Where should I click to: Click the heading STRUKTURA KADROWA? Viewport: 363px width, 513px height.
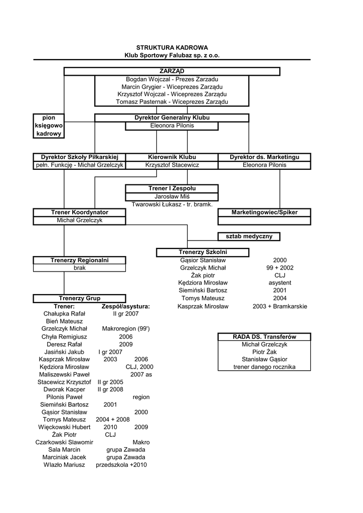(x=171, y=47)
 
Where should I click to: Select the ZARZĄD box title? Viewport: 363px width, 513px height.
(x=171, y=72)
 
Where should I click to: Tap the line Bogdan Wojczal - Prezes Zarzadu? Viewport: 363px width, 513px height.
(x=171, y=79)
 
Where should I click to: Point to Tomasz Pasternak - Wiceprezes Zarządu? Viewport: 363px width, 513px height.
(x=171, y=102)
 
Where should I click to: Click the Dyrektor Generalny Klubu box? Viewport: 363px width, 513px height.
(x=171, y=118)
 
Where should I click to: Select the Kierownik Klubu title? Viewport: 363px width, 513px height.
(x=171, y=157)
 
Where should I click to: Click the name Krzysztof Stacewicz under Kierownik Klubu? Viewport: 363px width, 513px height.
(x=171, y=165)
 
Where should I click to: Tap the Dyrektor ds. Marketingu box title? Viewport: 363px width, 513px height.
(x=264, y=157)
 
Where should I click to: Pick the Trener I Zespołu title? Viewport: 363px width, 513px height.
(x=171, y=188)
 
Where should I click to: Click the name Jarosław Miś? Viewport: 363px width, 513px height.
(x=171, y=196)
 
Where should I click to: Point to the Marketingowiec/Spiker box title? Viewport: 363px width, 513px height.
(x=264, y=212)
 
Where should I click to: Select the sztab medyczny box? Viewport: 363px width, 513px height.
(x=249, y=236)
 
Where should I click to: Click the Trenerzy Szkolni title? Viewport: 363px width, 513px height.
(x=203, y=252)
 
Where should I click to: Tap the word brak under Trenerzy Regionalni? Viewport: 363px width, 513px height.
(x=79, y=268)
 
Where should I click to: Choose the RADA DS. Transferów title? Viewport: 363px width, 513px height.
(x=264, y=337)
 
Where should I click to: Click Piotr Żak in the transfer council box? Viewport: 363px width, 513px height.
(x=264, y=352)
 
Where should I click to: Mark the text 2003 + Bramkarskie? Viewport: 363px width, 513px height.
(x=280, y=306)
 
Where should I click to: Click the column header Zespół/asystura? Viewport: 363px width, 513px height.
(x=126, y=306)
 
